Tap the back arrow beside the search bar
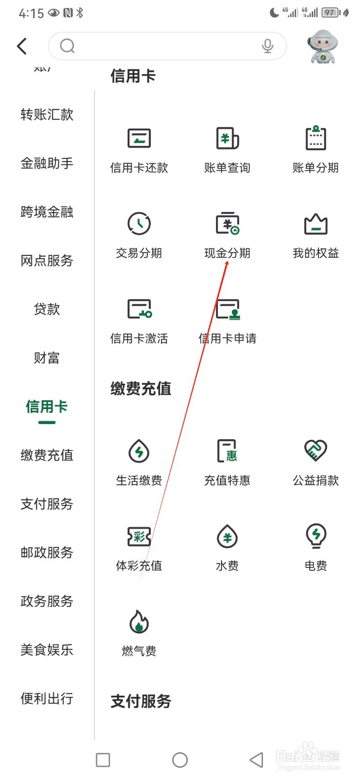pyautogui.click(x=22, y=46)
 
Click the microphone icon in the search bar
pyautogui.click(x=267, y=46)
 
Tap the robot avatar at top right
pyautogui.click(x=322, y=47)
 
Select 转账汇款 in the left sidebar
pyautogui.click(x=47, y=115)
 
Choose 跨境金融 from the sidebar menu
pyautogui.click(x=47, y=212)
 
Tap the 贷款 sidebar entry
pyautogui.click(x=47, y=309)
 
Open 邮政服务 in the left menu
pyautogui.click(x=47, y=552)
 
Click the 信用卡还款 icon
pyautogui.click(x=139, y=138)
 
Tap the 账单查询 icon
pyautogui.click(x=227, y=138)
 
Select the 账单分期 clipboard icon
pyautogui.click(x=316, y=138)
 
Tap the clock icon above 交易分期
pyautogui.click(x=139, y=224)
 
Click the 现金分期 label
pyautogui.click(x=227, y=253)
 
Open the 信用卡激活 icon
pyautogui.click(x=139, y=309)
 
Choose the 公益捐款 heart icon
pyautogui.click(x=316, y=450)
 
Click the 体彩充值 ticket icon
pyautogui.click(x=139, y=537)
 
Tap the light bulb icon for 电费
pyautogui.click(x=316, y=536)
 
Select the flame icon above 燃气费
pyautogui.click(x=139, y=622)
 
